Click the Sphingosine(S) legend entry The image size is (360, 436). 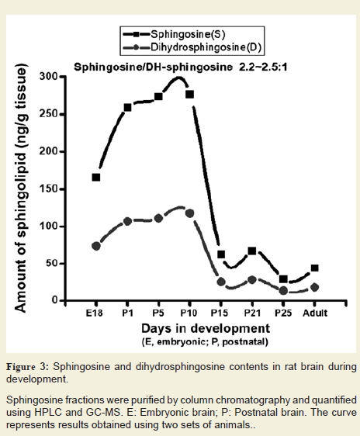(174, 34)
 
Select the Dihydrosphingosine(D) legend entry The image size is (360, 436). (192, 47)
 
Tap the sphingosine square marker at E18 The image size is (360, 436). (96, 177)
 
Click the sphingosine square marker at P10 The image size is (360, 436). (189, 95)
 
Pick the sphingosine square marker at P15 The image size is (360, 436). (221, 254)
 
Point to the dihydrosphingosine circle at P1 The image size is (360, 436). (127, 221)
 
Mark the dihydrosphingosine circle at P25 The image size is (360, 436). (283, 291)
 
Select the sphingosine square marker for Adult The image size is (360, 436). (315, 268)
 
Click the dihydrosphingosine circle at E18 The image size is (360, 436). (96, 246)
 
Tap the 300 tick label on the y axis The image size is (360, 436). (48, 76)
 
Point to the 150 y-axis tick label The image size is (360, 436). (48, 189)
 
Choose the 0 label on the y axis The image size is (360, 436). (54, 300)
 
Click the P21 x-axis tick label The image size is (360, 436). (252, 313)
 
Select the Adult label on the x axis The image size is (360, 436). (315, 313)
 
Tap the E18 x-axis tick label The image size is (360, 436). (94, 313)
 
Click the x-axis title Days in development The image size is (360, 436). (206, 328)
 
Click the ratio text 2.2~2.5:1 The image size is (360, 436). (263, 67)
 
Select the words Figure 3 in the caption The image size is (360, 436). (27, 367)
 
